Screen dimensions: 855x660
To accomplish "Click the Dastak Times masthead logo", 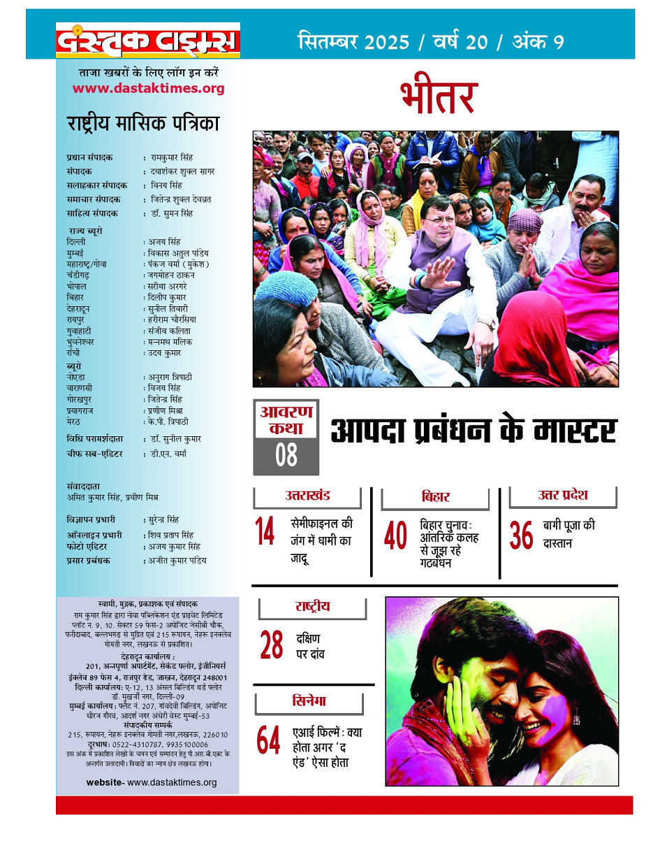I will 148,41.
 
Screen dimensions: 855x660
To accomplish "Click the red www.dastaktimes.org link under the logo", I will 148,88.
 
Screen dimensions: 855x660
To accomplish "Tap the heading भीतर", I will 439,97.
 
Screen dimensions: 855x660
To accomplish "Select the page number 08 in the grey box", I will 286,455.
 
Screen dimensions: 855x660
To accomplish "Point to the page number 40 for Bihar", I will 395,537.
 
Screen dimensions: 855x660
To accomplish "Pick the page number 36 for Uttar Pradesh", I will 521,536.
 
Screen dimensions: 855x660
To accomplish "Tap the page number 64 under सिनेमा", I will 268,740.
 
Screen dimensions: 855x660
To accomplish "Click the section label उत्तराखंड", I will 307,497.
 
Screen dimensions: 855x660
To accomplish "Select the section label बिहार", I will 435,498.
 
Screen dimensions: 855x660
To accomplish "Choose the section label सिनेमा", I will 309,701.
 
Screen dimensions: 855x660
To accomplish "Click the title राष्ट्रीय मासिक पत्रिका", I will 143,124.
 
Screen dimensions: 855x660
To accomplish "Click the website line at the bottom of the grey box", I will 152,782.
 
